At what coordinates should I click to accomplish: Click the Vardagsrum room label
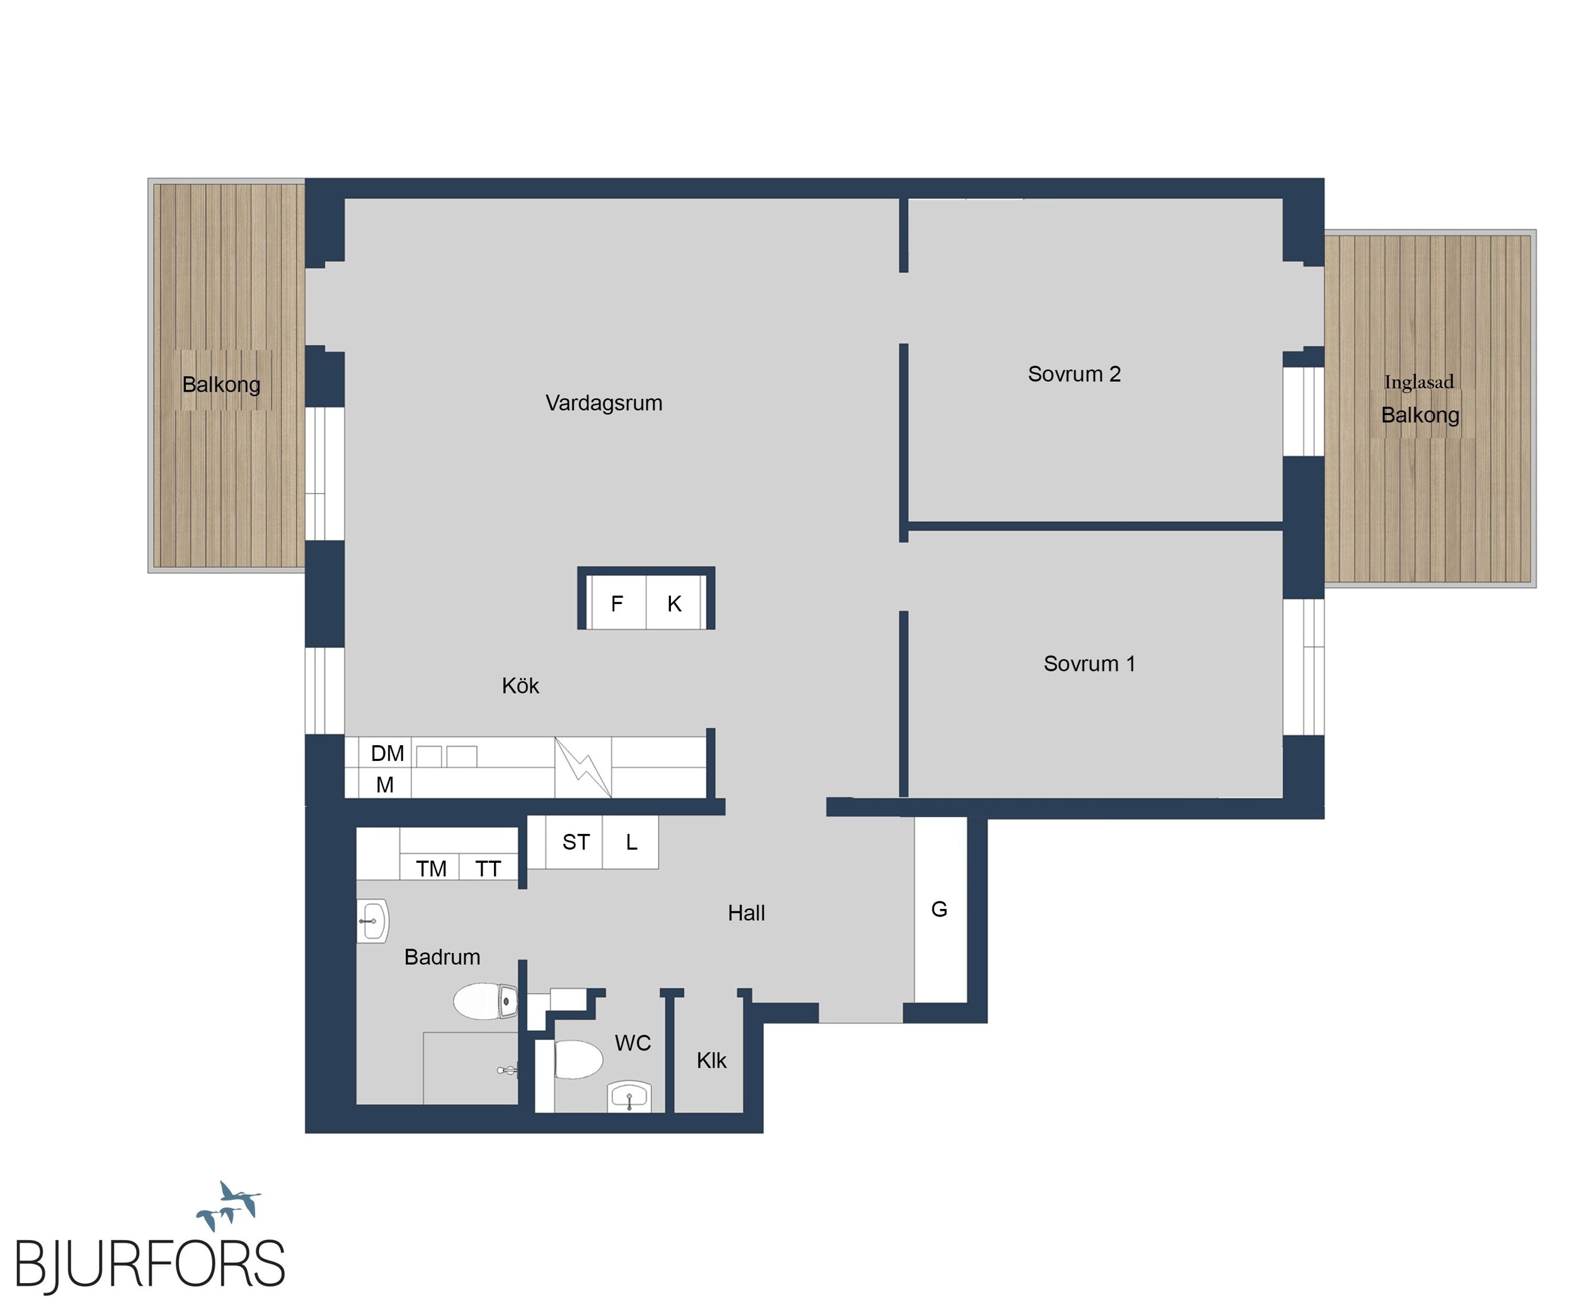pos(604,403)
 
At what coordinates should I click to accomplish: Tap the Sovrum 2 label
pos(1074,374)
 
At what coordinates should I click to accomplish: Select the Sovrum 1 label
pos(1089,663)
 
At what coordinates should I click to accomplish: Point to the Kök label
pos(520,685)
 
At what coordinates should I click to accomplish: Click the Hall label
pos(747,913)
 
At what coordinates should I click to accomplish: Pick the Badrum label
pos(442,957)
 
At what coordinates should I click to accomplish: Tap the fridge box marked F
pos(618,603)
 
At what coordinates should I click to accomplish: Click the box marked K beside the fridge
pos(673,603)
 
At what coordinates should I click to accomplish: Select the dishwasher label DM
pos(387,753)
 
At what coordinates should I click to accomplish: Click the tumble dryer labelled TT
pos(488,867)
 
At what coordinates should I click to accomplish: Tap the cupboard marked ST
pos(575,843)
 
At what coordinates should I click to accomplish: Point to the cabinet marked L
pos(631,843)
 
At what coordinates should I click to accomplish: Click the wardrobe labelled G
pos(941,910)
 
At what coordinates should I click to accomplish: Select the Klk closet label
pos(711,1061)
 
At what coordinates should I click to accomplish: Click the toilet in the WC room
pos(578,1059)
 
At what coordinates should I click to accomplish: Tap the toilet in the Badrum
pos(485,1001)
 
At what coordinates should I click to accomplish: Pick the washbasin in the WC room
pos(629,1097)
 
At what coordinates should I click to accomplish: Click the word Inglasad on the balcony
pos(1419,382)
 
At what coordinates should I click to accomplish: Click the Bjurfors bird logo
pos(229,1205)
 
